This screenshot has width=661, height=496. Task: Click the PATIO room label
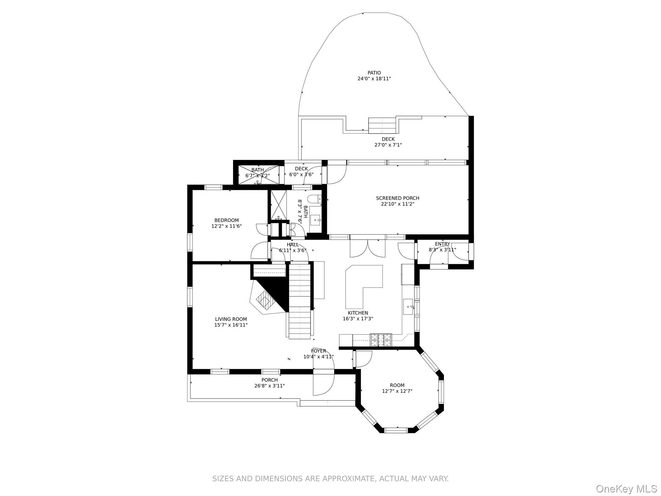pyautogui.click(x=374, y=73)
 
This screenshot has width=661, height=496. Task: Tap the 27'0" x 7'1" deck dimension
pyautogui.click(x=388, y=145)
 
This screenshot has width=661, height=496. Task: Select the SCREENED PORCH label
pyautogui.click(x=398, y=198)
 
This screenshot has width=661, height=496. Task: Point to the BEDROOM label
pyautogui.click(x=227, y=221)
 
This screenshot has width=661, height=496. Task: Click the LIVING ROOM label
pyautogui.click(x=231, y=319)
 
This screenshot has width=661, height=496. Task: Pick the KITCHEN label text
pyautogui.click(x=358, y=313)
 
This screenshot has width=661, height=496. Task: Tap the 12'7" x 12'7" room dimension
pyautogui.click(x=397, y=391)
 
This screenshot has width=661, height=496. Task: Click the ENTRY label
pyautogui.click(x=442, y=244)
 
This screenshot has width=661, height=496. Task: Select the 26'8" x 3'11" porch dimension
pyautogui.click(x=269, y=386)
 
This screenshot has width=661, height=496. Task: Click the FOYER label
pyautogui.click(x=319, y=351)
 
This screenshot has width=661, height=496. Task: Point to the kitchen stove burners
pyautogui.click(x=381, y=340)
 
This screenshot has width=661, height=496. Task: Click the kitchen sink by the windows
pyautogui.click(x=408, y=307)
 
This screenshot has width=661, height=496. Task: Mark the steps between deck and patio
pyautogui.click(x=382, y=126)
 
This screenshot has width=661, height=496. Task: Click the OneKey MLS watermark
pyautogui.click(x=626, y=489)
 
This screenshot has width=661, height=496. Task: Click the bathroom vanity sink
pyautogui.click(x=316, y=220)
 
